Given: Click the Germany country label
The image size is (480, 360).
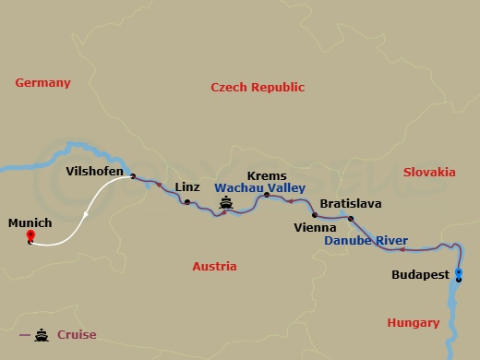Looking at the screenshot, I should [42, 83].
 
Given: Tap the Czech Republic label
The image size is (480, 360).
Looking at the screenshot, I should [258, 87].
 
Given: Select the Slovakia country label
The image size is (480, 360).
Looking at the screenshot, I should [429, 172].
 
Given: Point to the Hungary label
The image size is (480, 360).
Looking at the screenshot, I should [413, 323].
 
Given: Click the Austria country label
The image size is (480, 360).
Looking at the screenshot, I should [214, 266].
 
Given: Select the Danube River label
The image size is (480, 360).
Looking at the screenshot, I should [366, 241].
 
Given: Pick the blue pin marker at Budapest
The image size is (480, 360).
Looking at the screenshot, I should [459, 272].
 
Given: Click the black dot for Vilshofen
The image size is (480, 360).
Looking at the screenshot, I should [133, 176].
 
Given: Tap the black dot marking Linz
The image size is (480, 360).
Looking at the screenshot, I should [187, 202].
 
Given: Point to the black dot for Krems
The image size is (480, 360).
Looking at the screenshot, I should [267, 195].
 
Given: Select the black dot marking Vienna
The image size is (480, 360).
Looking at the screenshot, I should [314, 215].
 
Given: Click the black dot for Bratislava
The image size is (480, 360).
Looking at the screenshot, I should [350, 219].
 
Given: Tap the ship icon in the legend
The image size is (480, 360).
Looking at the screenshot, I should [42, 335].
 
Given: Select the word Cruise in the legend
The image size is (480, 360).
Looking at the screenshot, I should [76, 335].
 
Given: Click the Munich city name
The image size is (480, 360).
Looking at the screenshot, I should [30, 223].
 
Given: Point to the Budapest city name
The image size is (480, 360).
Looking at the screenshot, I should [420, 275].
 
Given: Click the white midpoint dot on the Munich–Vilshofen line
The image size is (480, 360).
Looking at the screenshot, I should [86, 215].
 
